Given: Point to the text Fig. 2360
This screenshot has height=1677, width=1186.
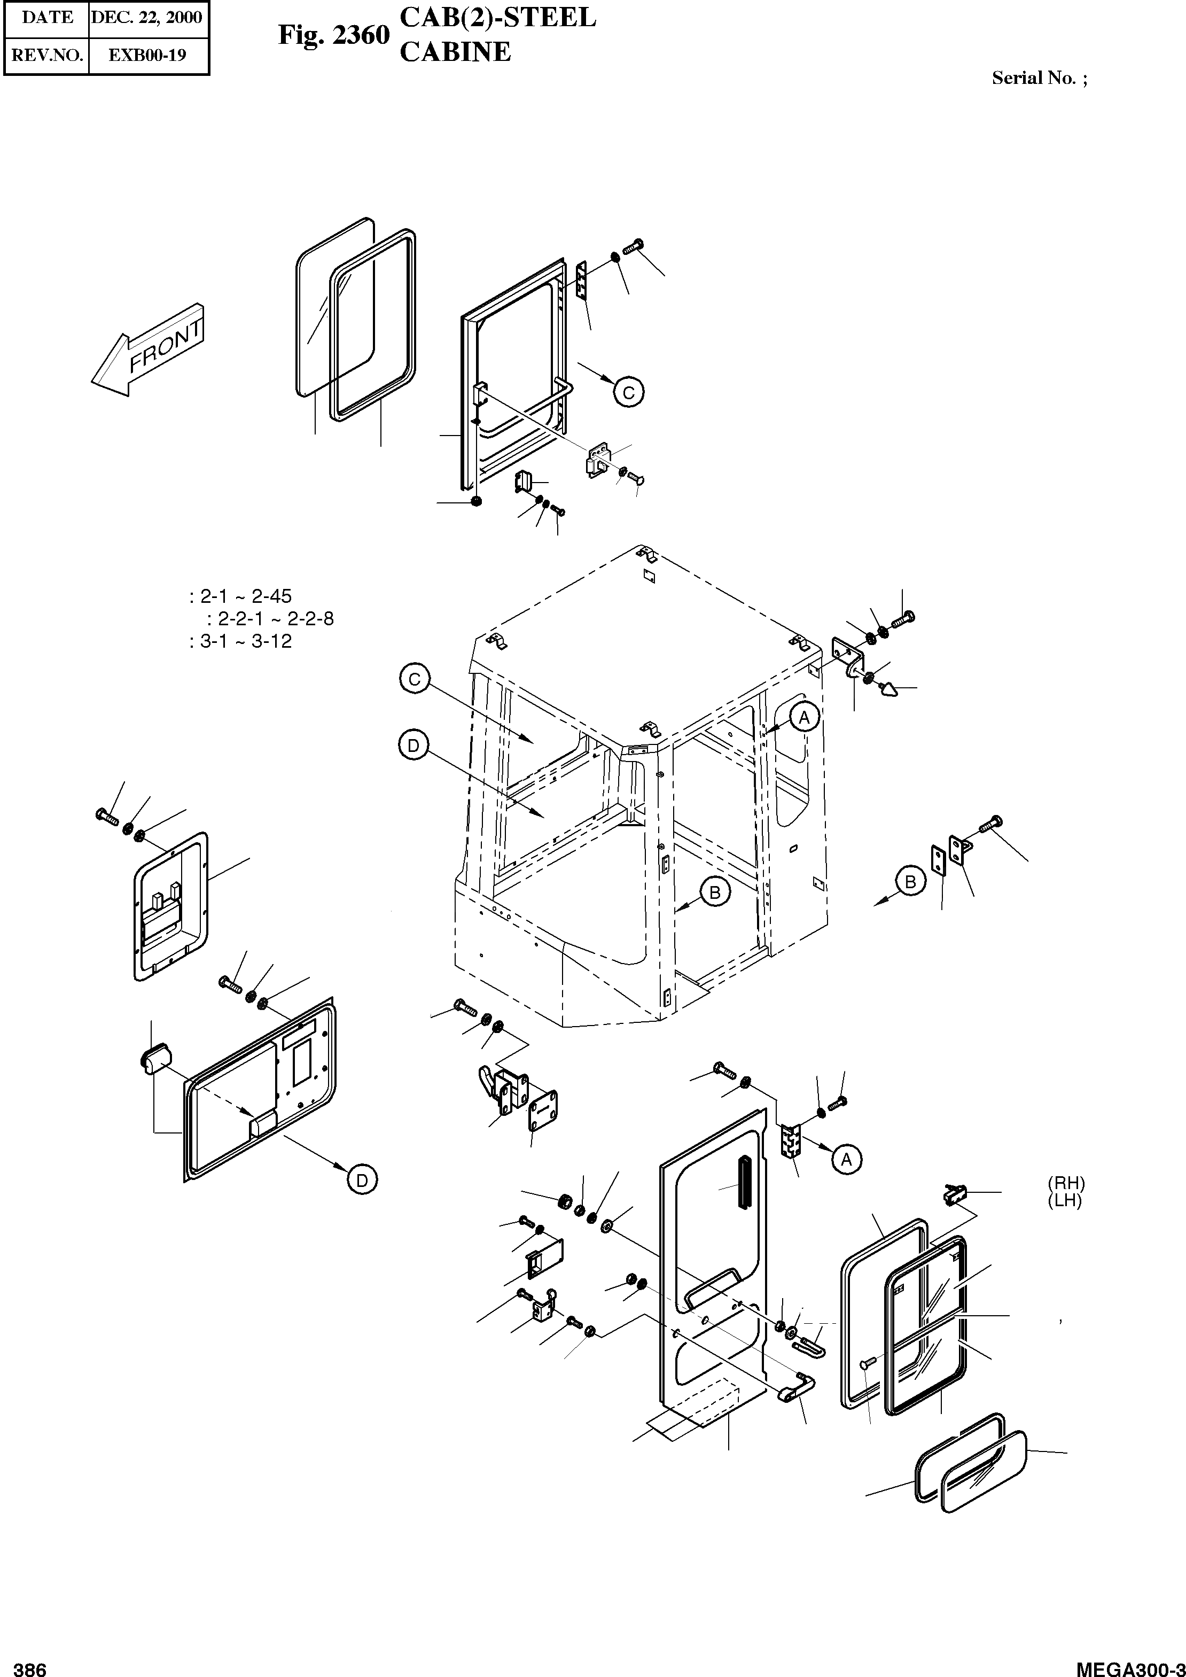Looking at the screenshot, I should point(334,34).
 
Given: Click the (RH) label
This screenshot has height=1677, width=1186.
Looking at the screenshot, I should point(1065,1183).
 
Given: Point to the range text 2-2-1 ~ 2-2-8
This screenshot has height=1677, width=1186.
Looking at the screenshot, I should point(275,619).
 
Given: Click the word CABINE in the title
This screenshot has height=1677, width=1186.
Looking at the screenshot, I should point(455,52).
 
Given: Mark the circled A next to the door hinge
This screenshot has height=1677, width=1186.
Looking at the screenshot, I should point(846,1159).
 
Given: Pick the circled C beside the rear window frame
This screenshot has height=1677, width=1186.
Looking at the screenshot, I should point(628,392).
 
